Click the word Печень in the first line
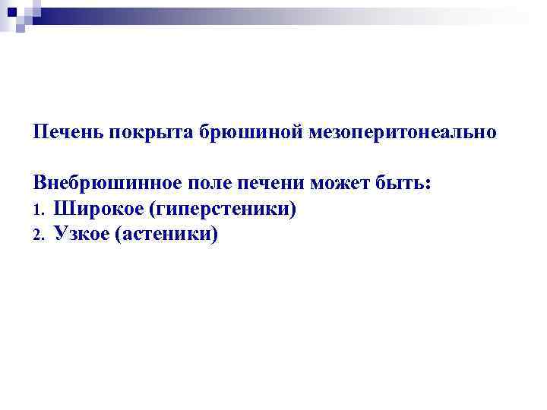[68, 132]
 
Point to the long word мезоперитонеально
[403, 132]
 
